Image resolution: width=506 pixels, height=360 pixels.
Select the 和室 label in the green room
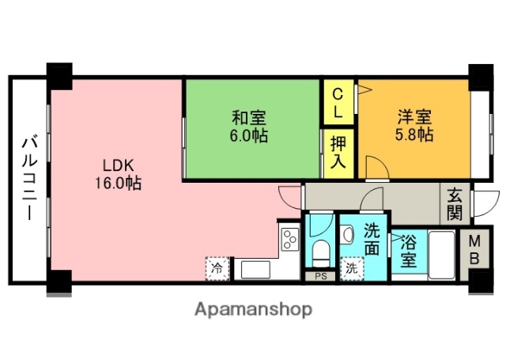248,119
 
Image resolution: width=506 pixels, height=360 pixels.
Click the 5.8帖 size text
414,135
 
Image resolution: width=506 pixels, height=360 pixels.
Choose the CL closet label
338,102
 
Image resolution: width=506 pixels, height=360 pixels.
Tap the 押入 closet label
338,153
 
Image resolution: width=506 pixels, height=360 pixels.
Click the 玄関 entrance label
455,204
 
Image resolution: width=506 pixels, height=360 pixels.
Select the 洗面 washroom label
372,239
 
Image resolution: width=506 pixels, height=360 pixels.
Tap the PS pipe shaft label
320,276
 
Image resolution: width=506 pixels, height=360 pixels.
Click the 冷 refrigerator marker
216,268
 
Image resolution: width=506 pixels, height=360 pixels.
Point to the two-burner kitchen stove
289,238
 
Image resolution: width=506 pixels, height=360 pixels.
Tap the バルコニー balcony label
28,179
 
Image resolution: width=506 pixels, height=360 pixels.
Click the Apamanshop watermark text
253,309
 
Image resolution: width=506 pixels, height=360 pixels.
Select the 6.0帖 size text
248,136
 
